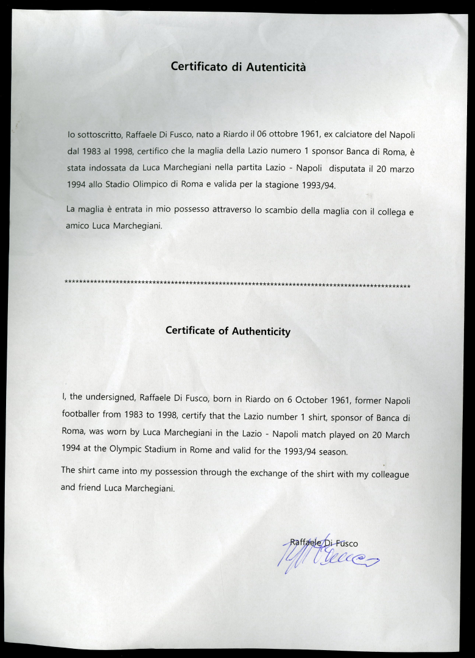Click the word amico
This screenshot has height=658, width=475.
tap(79, 226)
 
